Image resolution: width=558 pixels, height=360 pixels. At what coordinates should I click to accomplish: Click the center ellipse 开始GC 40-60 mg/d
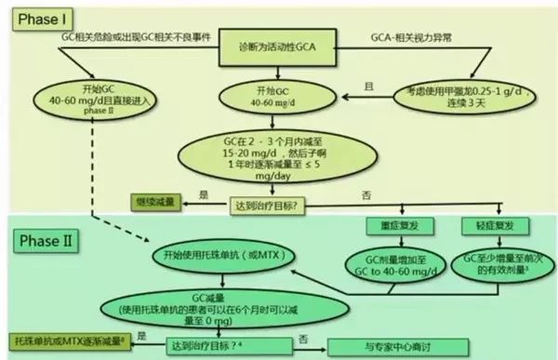(279, 96)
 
